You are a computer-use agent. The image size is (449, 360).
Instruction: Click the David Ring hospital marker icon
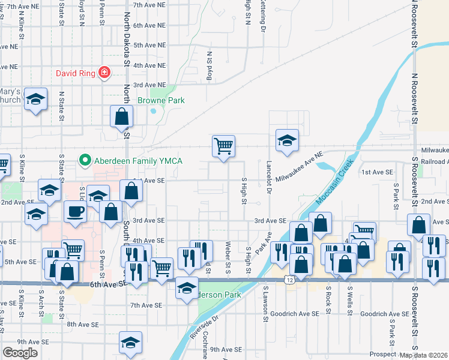pyautogui.click(x=104, y=73)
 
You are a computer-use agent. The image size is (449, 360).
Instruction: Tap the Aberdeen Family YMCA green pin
pyautogui.click(x=85, y=160)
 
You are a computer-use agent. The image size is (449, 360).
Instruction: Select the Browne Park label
pyautogui.click(x=161, y=101)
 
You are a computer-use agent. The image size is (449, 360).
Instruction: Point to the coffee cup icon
pyautogui.click(x=75, y=212)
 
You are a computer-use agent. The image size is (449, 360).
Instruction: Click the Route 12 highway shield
pyautogui.click(x=290, y=281)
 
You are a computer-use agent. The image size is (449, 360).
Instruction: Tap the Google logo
pyautogui.click(x=20, y=353)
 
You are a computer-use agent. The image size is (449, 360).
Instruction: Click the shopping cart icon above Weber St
pyautogui.click(x=223, y=145)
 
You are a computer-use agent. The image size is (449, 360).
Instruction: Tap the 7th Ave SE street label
pyautogui.click(x=146, y=305)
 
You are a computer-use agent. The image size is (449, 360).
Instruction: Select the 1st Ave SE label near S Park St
pyautogui.click(x=377, y=172)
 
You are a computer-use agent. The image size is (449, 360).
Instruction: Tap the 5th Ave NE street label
pyautogui.click(x=149, y=45)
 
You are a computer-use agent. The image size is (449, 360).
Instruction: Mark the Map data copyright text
pyautogui.click(x=424, y=355)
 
